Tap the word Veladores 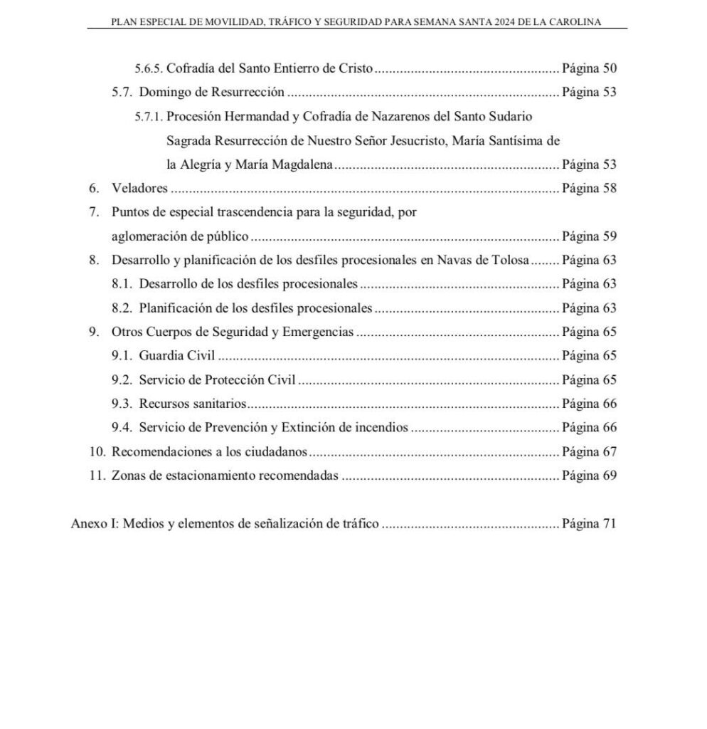(139, 189)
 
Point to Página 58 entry (588, 189)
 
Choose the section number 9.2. (122, 379)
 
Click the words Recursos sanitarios (193, 404)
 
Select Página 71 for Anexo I (588, 525)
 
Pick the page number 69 (609, 476)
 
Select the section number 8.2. (122, 308)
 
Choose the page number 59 (609, 236)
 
